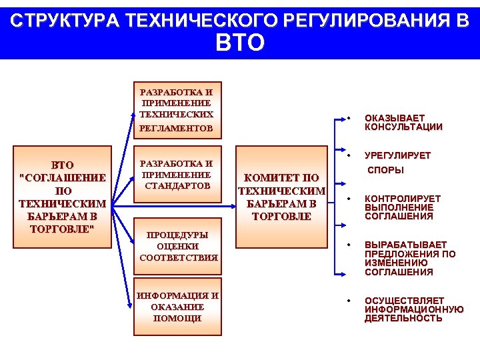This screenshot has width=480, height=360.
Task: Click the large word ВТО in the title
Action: [x=240, y=43]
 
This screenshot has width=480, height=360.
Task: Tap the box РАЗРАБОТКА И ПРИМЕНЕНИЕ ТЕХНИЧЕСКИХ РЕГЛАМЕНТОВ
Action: [x=177, y=109]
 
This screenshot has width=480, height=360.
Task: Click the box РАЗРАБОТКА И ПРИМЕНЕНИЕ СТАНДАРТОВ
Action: [x=177, y=174]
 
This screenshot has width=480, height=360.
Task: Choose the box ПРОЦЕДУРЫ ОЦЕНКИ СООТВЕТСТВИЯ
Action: [x=177, y=245]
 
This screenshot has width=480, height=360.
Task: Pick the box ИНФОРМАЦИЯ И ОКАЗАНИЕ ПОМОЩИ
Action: [x=177, y=307]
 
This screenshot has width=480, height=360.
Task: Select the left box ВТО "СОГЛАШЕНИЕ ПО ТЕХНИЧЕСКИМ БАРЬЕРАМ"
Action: [x=63, y=197]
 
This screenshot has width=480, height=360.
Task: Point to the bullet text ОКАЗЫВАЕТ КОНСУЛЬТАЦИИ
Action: [x=403, y=123]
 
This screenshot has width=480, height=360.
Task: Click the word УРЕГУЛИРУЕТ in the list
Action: [x=397, y=155]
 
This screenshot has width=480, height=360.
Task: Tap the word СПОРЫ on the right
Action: [x=386, y=170]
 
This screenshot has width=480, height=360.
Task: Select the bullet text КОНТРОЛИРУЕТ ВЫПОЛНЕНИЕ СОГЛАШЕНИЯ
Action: [x=402, y=207]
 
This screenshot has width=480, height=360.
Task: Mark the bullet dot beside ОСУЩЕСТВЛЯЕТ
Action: [x=349, y=301]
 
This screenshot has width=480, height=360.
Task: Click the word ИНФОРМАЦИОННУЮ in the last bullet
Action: [x=413, y=309]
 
